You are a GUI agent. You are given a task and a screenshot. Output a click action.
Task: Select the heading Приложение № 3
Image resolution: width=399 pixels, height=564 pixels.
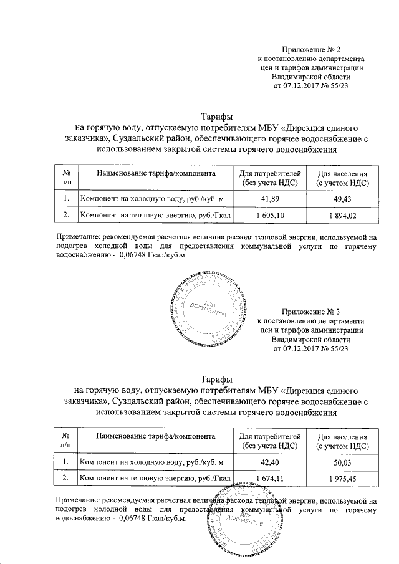point(311,311)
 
